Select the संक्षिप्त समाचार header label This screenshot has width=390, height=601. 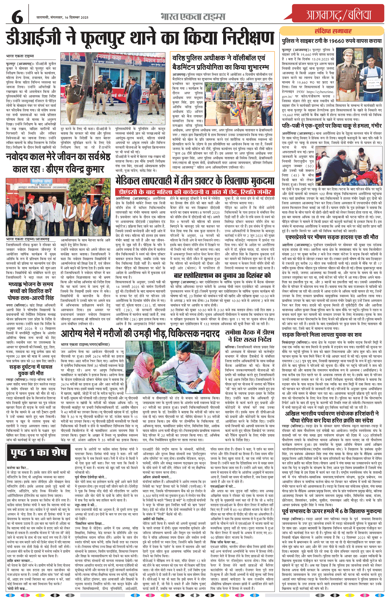333,31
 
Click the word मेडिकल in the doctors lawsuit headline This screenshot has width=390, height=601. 131,181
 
